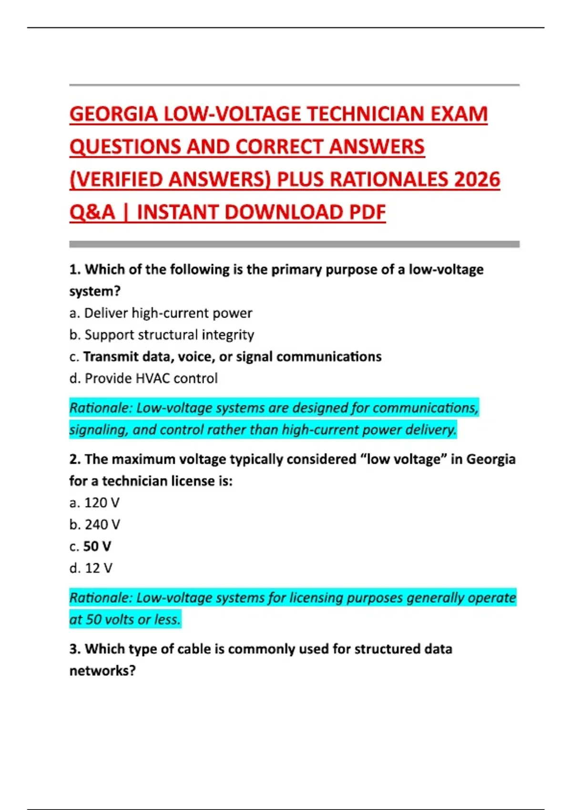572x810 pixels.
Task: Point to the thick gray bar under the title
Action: click(x=294, y=244)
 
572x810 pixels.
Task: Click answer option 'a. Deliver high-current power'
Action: click(x=161, y=313)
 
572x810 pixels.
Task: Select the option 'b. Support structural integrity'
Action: click(x=162, y=335)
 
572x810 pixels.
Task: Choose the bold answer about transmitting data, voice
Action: click(x=232, y=357)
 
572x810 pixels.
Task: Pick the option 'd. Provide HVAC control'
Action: click(x=143, y=378)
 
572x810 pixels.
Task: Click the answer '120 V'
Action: click(x=102, y=503)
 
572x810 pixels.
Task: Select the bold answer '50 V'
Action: click(x=97, y=547)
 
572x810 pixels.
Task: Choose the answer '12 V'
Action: click(x=98, y=568)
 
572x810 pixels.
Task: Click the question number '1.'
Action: click(x=75, y=270)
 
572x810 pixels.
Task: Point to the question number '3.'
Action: click(x=75, y=649)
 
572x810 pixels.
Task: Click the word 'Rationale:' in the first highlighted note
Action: click(x=100, y=408)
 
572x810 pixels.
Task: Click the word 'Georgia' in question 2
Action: click(x=490, y=459)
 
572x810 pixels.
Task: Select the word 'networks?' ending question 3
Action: click(x=102, y=671)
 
